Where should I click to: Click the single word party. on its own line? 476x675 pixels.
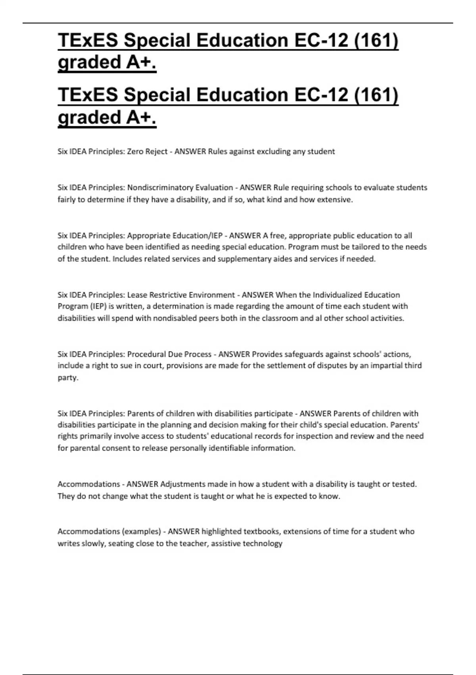(68, 377)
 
